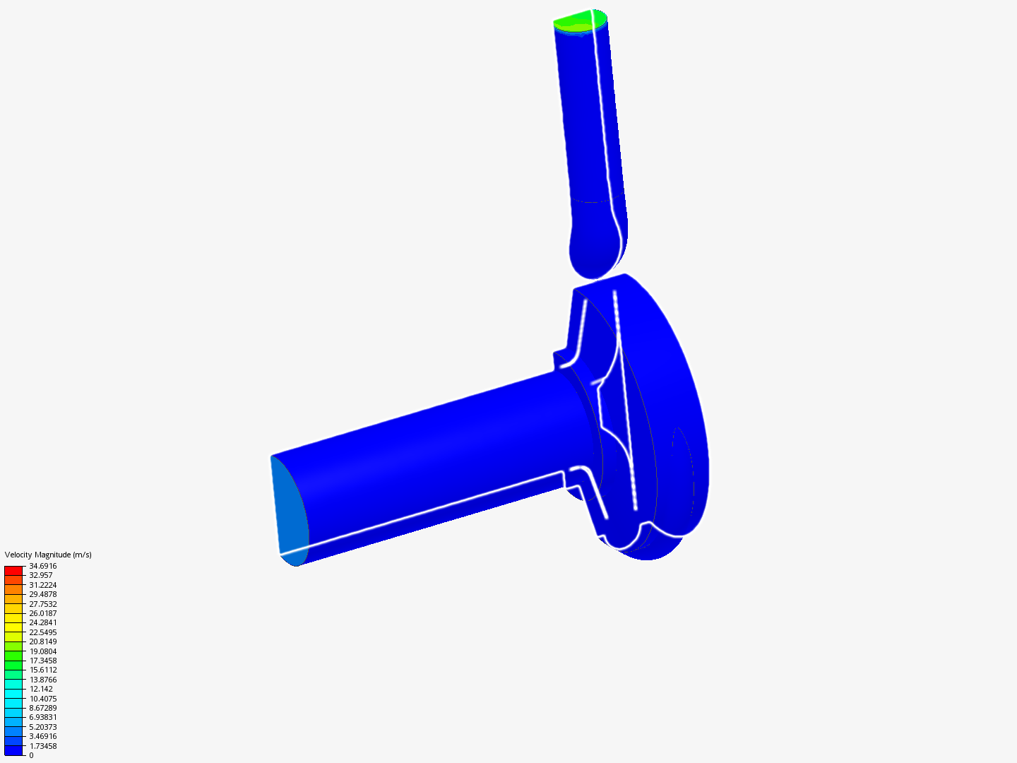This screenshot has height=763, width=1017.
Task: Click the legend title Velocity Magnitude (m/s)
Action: [x=48, y=555]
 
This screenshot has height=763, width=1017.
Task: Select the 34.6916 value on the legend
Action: [x=42, y=566]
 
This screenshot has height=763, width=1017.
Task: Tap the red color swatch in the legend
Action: [x=13, y=570]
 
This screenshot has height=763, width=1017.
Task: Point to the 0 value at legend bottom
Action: [x=31, y=755]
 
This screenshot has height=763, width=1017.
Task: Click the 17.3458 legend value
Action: [x=42, y=661]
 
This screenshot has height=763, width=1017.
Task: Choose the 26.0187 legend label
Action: [x=42, y=613]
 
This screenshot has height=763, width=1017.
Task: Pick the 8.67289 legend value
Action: [x=42, y=708]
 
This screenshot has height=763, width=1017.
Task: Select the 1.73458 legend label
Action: [x=42, y=746]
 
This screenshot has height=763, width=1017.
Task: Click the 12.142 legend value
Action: [x=40, y=689]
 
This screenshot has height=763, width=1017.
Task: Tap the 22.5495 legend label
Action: [x=42, y=632]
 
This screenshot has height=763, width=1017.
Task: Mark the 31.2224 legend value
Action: [x=42, y=585]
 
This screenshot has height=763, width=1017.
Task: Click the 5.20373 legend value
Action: [x=42, y=727]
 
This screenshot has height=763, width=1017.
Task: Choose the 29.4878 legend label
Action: [x=42, y=594]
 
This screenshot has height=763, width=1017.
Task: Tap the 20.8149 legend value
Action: [x=42, y=641]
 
